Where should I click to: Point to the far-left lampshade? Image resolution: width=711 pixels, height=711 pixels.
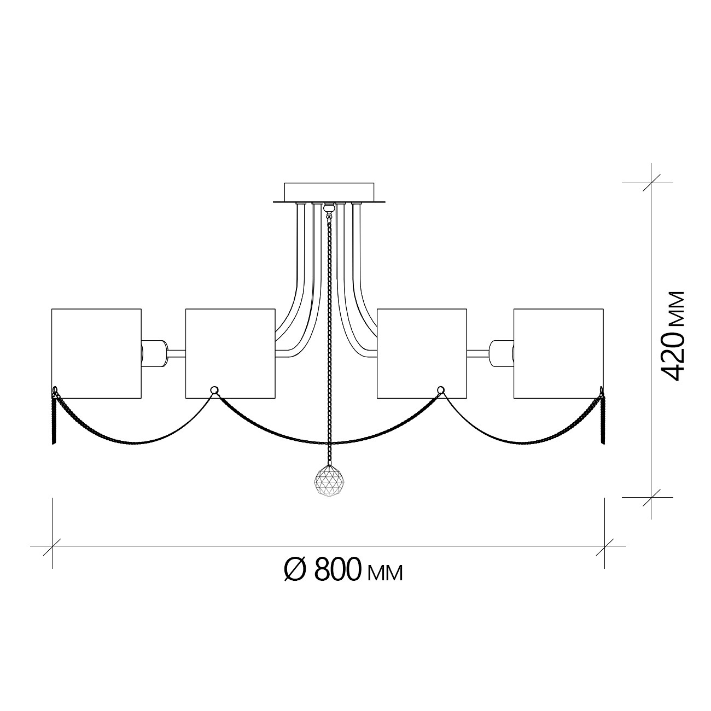96,353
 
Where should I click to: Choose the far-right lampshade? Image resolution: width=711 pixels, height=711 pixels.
558,353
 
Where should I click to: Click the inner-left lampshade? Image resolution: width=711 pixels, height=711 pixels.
230,353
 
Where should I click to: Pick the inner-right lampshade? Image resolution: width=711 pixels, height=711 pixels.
422,353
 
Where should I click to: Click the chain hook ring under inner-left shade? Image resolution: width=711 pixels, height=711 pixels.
214,389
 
